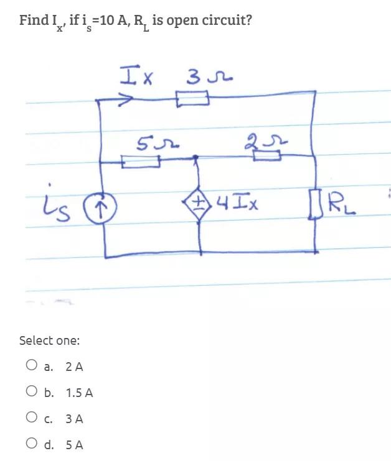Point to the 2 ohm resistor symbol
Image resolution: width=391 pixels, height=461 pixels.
[266, 157]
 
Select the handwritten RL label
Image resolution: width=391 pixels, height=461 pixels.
[338, 202]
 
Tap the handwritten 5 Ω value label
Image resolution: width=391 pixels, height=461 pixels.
[151, 147]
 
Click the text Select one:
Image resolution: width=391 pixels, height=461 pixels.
[50, 340]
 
